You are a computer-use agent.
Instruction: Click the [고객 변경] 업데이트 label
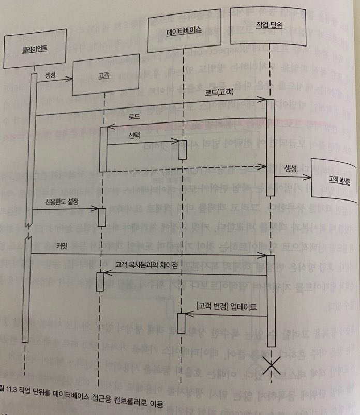pos(227,306)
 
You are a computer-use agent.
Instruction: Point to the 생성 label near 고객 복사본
pos(290,168)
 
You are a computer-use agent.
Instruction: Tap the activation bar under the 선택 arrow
pos(183,149)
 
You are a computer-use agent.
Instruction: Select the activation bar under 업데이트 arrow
pos(182,322)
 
